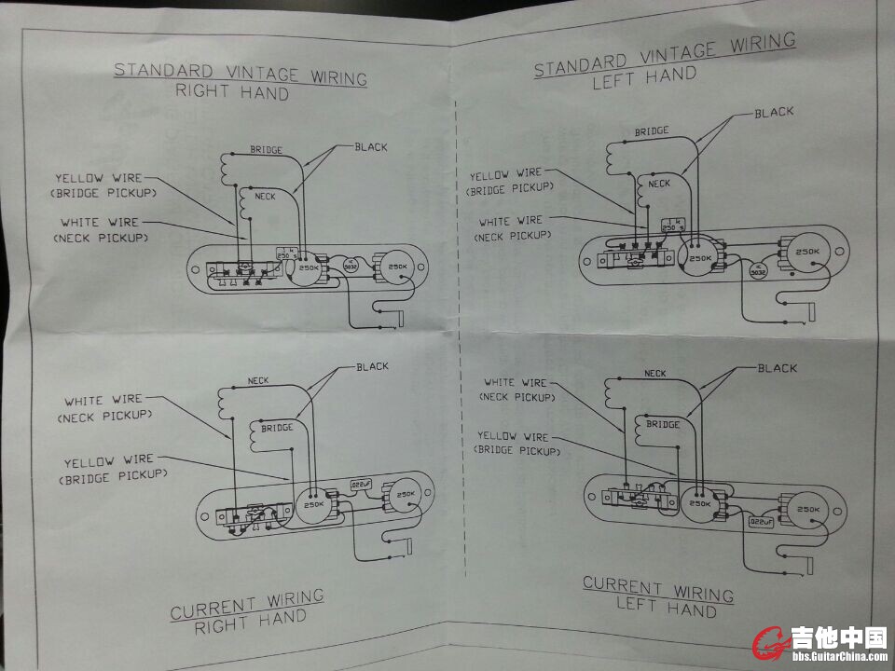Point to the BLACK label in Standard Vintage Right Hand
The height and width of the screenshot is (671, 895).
371,146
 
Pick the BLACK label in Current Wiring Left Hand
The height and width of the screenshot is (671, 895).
778,368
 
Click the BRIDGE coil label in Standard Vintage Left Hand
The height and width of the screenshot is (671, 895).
652,131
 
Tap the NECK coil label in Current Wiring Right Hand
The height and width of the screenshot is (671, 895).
258,380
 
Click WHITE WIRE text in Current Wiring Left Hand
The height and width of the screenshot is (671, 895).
516,382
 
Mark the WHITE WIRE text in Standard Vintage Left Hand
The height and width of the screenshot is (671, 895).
509,222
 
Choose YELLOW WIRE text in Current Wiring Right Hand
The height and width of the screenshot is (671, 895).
108,459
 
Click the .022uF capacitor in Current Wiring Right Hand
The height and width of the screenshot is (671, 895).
360,485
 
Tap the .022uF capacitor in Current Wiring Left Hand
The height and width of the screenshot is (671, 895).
762,523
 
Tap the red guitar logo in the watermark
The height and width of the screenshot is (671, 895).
771,640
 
